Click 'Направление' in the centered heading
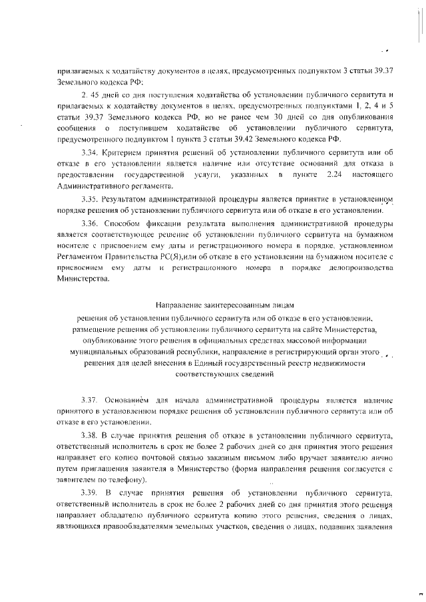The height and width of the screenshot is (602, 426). [179, 305]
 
